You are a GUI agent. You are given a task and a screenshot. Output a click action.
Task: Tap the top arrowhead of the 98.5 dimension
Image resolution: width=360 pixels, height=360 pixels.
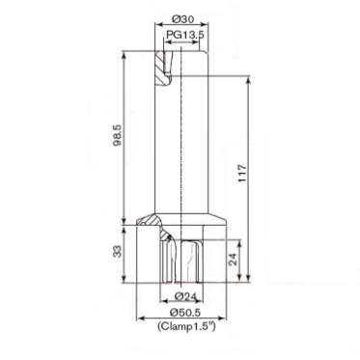point(125,49)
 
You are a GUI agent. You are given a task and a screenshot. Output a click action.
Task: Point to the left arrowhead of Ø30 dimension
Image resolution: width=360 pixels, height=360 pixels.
point(154,27)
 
